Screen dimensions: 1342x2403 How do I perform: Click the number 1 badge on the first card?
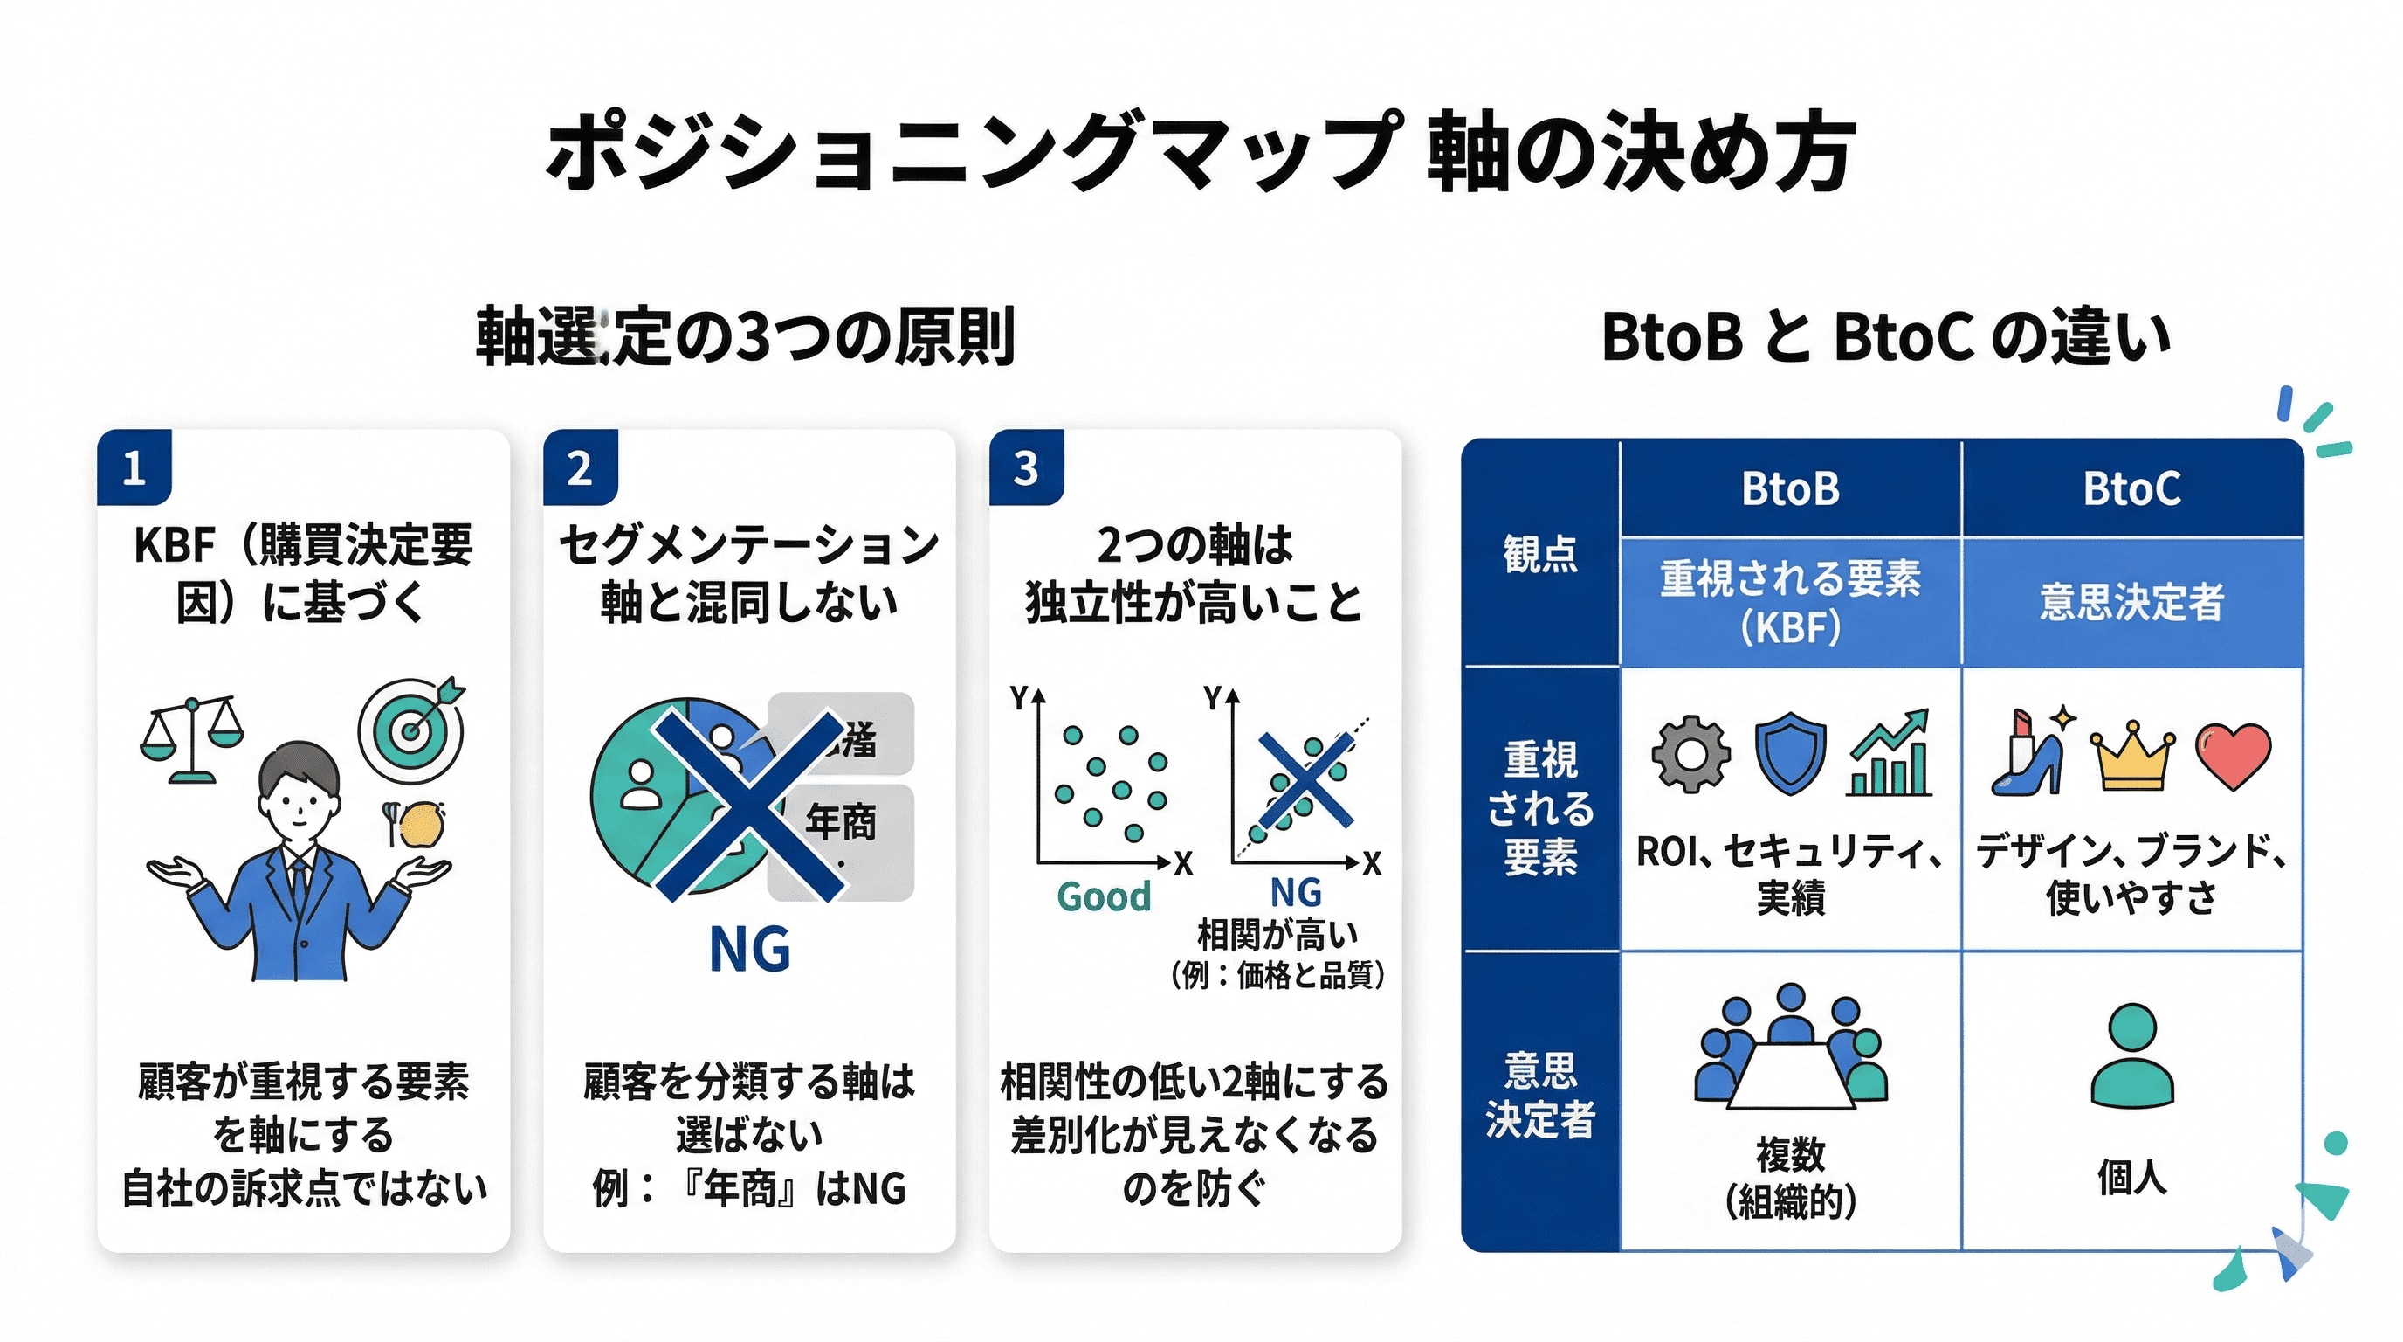(134, 467)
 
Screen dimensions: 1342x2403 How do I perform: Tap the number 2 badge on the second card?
(580, 467)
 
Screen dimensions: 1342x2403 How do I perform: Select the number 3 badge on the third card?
(1026, 467)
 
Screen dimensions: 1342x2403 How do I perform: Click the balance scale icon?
(191, 738)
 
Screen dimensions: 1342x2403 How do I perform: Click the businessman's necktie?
(299, 882)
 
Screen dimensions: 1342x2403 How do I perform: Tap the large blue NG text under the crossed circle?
(749, 950)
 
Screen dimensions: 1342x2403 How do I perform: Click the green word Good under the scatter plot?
(1104, 896)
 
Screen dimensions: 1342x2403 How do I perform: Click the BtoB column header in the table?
(1790, 489)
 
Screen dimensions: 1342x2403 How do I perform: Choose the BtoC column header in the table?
(2132, 489)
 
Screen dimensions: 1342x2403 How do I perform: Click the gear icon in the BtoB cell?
(1690, 754)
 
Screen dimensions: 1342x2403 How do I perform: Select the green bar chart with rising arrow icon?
(1889, 754)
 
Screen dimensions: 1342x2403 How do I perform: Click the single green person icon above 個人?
(2132, 1055)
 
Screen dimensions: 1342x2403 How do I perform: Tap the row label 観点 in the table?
(1540, 553)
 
